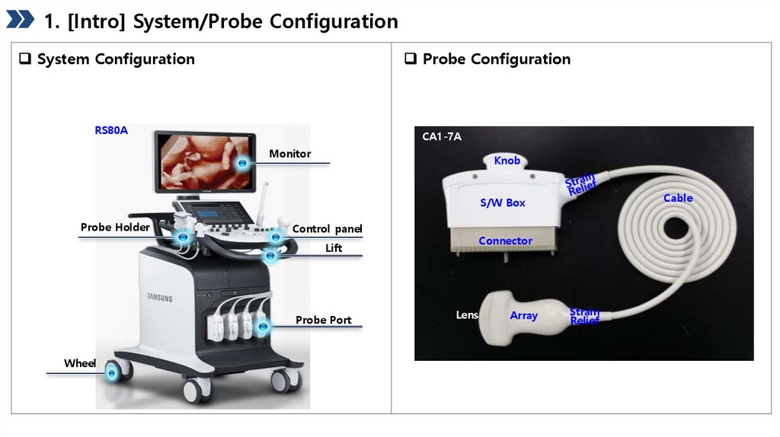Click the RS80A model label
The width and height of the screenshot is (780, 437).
pos(111,130)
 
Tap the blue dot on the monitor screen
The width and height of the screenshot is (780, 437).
pos(243,163)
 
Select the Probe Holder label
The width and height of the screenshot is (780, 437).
pos(115,227)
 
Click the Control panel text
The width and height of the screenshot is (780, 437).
pos(327,228)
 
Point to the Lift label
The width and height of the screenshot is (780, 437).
pos(334,248)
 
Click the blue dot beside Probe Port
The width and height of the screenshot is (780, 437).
pos(263,327)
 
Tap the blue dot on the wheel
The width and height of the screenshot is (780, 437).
pos(112,372)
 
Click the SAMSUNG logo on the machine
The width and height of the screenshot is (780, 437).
pos(160,298)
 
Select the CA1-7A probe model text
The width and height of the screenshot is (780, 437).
pos(442,137)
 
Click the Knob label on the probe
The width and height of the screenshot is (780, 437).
pos(507,161)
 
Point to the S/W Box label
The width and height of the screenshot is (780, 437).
pos(503,203)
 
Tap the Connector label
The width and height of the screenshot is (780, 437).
pos(506,241)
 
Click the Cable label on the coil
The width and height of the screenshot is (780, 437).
pos(678,198)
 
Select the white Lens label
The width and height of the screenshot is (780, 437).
pos(467,314)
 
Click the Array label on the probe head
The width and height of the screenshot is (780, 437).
pos(524,315)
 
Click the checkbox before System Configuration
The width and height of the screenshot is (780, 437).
pos(25,59)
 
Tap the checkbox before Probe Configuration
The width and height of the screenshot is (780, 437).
pos(411,59)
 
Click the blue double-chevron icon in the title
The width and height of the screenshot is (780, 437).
pos(20,19)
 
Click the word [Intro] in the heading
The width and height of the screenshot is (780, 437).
pos(97,21)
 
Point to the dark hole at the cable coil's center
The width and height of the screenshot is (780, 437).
pos(676,229)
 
